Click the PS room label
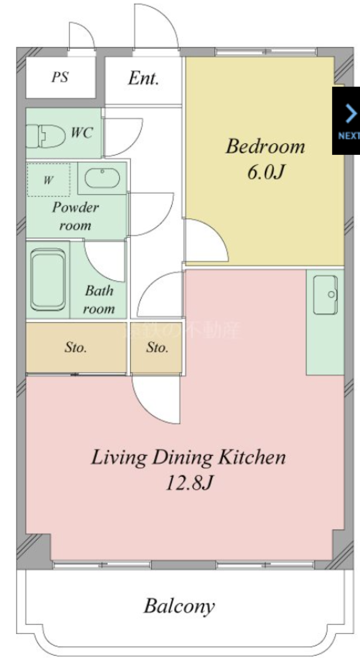click(60, 77)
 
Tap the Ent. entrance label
click(144, 78)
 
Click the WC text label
click(82, 132)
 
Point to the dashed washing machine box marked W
click(48, 180)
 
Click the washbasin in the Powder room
click(102, 178)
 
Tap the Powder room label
click(75, 216)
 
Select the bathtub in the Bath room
click(48, 280)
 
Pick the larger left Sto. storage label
click(75, 348)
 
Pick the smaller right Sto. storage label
click(157, 348)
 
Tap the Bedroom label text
click(265, 147)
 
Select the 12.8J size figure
click(189, 483)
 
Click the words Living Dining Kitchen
click(189, 457)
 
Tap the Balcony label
click(179, 606)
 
